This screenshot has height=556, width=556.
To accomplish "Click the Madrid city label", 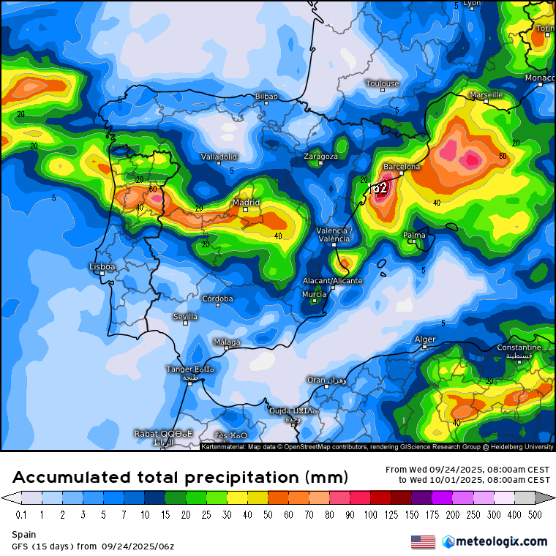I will (246, 203).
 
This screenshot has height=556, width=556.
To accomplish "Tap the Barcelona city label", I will (402, 167).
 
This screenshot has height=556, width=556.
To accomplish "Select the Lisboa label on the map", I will (102, 267).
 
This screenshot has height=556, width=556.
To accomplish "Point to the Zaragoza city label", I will (321, 157).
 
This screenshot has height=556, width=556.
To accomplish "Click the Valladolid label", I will (219, 157).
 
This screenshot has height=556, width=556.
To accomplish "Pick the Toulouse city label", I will (383, 83).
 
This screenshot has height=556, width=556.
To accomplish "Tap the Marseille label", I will (486, 95).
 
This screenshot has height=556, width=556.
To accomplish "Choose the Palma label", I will (414, 235).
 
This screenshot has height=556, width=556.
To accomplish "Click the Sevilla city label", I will (185, 317).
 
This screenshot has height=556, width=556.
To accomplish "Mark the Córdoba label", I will (217, 298).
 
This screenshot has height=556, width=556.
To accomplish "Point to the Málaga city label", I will (226, 342).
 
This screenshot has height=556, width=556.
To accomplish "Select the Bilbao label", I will (266, 96).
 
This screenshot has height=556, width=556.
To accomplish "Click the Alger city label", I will (425, 339).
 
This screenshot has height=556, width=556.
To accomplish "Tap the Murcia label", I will (314, 294).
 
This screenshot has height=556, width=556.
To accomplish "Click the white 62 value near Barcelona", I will (380, 188).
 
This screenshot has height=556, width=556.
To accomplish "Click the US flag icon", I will (423, 541).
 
